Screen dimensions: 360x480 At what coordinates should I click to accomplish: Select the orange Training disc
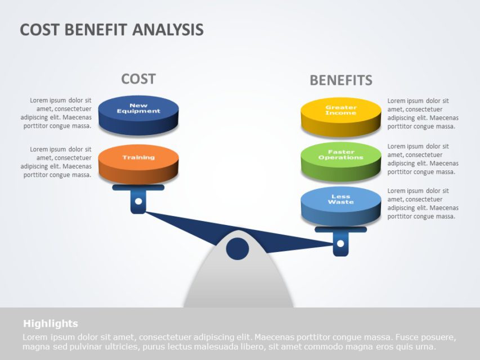point(138,160)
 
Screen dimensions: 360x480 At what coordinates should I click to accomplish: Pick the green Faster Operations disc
point(341,158)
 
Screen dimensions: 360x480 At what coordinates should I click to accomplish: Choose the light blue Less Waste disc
point(341,203)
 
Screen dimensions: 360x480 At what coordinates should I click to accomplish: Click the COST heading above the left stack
point(138,79)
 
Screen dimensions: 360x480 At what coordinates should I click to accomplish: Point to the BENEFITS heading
point(341,80)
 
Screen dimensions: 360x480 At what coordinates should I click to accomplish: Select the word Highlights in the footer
point(51,323)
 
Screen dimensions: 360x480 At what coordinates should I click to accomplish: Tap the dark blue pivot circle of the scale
point(237,249)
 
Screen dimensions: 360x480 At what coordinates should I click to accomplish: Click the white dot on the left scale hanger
point(138,201)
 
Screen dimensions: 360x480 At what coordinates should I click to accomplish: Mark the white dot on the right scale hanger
point(340,244)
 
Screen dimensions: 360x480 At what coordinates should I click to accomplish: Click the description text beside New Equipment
point(56,113)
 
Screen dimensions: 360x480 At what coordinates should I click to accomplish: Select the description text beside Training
point(56,162)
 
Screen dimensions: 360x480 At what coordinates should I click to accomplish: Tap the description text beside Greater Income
point(423,114)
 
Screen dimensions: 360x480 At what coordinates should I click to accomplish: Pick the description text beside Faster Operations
point(423,159)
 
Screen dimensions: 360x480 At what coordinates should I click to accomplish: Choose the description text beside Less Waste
point(423,204)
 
